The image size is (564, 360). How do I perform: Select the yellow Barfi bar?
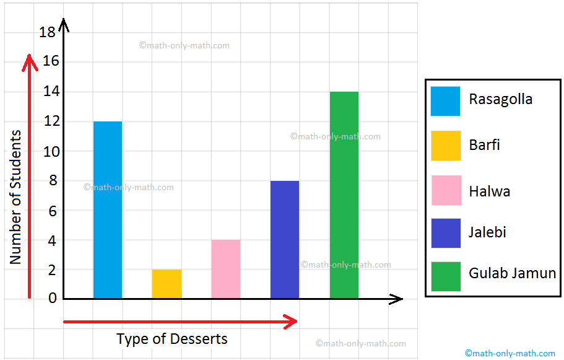(x=167, y=284)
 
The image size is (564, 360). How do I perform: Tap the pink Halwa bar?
(x=225, y=269)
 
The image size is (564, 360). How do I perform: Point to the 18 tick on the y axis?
(x=47, y=32)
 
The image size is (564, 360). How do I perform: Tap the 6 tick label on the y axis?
(x=51, y=211)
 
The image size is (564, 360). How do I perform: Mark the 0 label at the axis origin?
(x=52, y=298)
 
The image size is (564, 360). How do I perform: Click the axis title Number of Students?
(x=15, y=197)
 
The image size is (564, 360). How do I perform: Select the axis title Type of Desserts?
(x=172, y=339)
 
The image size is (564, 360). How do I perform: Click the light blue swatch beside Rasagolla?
(x=446, y=101)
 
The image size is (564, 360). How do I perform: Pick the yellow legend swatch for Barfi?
(x=446, y=146)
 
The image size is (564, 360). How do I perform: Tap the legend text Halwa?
(x=490, y=191)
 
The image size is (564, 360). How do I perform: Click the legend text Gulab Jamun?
(x=513, y=273)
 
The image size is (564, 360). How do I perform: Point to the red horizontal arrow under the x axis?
(x=180, y=322)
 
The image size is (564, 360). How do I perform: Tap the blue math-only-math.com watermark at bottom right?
(x=510, y=353)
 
